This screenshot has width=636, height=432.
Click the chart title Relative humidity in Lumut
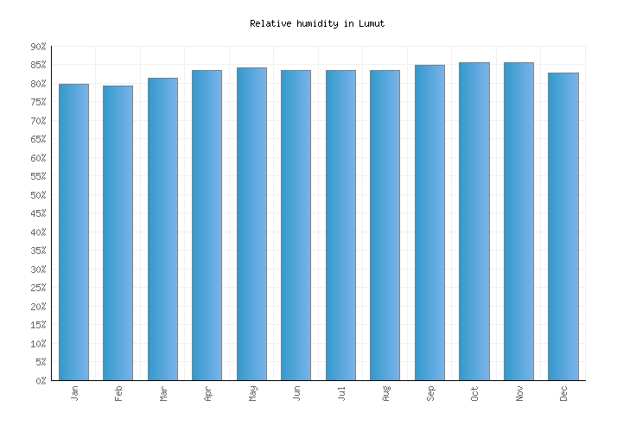coord(317,23)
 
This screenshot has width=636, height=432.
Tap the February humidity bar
coord(118,232)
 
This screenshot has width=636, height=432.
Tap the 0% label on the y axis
coord(40,381)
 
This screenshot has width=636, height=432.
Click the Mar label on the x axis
coord(163,394)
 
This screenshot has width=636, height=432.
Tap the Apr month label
coord(208,394)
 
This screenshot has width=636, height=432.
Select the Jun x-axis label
coord(297,394)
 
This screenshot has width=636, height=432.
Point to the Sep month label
coord(430,394)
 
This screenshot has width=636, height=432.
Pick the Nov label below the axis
coord(519,394)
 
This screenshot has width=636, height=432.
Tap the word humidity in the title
coord(316,23)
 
